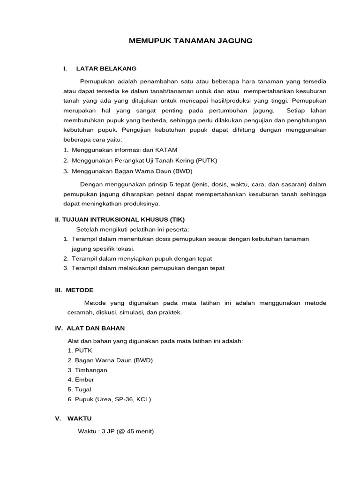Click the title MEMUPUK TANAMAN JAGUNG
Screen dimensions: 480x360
coord(190,41)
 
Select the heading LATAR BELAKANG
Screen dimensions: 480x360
coord(106,69)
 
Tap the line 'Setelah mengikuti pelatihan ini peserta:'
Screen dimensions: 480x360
coord(132,229)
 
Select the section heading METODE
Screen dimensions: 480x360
coord(80,290)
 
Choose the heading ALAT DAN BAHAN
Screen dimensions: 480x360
coord(96,328)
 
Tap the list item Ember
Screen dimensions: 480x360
coord(84,380)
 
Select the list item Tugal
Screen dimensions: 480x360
coord(83,390)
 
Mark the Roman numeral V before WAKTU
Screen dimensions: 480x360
coord(58,418)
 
